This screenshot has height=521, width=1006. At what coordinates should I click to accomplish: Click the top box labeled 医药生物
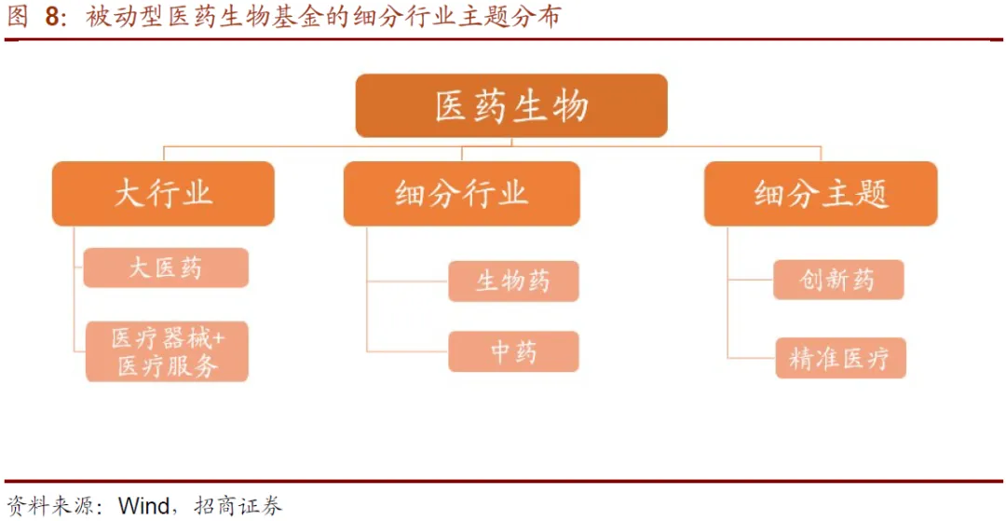point(511,106)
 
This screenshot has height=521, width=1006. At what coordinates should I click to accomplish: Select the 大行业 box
point(163,194)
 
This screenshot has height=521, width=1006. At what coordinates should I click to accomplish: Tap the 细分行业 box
point(461,194)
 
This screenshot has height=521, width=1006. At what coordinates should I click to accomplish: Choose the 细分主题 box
point(821,194)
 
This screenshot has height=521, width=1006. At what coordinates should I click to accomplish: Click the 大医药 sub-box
point(166,268)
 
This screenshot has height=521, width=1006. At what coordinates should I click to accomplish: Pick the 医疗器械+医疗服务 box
point(167,351)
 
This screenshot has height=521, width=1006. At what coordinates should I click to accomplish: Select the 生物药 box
point(513,281)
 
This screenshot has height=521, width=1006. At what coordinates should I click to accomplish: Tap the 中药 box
point(513,351)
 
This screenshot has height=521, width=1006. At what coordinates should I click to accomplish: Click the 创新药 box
point(838,280)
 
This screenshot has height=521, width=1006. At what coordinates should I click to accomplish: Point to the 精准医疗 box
point(840,358)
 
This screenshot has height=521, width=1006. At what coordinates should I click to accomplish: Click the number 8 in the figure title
point(53,18)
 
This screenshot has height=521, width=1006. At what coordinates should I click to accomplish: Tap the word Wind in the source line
point(143,506)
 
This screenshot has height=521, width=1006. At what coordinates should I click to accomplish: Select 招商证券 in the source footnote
point(238,506)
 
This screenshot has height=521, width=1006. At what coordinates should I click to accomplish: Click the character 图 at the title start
point(17,18)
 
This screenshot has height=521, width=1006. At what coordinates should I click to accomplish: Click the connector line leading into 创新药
point(751,279)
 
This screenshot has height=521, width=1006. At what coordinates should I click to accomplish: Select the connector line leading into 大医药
point(78,268)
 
